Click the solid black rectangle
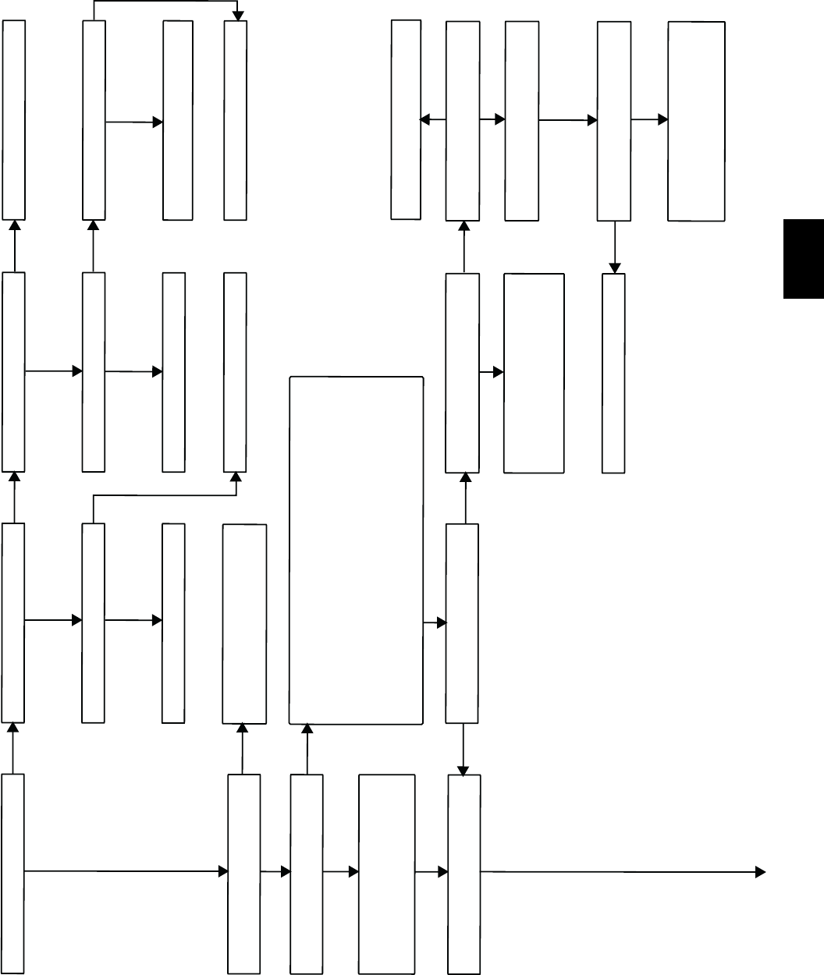(x=803, y=259)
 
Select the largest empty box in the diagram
(x=357, y=551)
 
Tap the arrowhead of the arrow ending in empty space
(x=759, y=873)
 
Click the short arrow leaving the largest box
(x=435, y=622)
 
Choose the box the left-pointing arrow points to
(x=406, y=120)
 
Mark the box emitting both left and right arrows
(x=463, y=120)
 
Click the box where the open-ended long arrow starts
(x=464, y=874)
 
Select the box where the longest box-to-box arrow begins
(x=13, y=874)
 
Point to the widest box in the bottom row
(x=386, y=874)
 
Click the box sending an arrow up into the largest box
(x=307, y=874)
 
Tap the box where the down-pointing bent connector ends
(x=236, y=120)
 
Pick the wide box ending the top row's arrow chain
(x=696, y=121)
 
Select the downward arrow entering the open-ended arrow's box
(x=464, y=750)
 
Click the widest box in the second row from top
(x=534, y=373)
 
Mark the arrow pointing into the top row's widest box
(x=649, y=120)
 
